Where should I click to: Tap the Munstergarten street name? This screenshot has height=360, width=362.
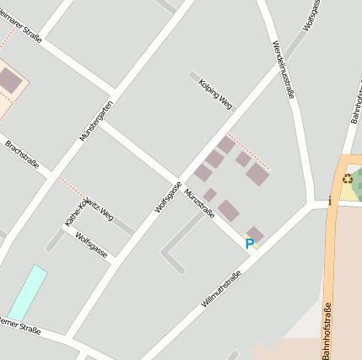pyautogui.click(x=95, y=120)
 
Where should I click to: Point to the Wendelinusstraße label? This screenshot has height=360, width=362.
pyautogui.click(x=284, y=69)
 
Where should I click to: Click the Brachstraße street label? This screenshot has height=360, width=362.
pyautogui.click(x=22, y=154)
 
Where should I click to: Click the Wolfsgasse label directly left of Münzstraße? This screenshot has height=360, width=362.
pyautogui.click(x=169, y=196)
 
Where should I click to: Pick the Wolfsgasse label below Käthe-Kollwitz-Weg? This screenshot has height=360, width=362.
pyautogui.click(x=91, y=246)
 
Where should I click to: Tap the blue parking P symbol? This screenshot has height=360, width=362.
pyautogui.click(x=249, y=244)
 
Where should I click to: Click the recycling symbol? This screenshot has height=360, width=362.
pyautogui.click(x=347, y=178)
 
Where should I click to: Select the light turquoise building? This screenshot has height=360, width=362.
pyautogui.click(x=27, y=293)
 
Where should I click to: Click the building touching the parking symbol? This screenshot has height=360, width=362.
pyautogui.click(x=255, y=234)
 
